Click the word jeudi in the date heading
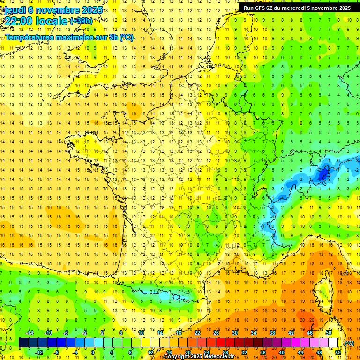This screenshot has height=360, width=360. [x=15, y=10]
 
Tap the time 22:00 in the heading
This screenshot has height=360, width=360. [x=19, y=21]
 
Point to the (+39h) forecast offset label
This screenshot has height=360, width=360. [x=81, y=21]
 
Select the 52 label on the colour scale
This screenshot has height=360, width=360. [x=338, y=352]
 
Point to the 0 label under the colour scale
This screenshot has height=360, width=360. [x=93, y=352]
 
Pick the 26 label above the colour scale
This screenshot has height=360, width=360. [x=216, y=333]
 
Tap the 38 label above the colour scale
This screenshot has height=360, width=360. [x=272, y=333]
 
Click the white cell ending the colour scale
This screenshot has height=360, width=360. [x=333, y=342]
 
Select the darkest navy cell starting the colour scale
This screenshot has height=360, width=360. [x=23, y=342]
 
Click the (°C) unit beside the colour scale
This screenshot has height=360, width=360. [x=349, y=343]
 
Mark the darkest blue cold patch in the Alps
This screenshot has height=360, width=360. [x=322, y=175]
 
